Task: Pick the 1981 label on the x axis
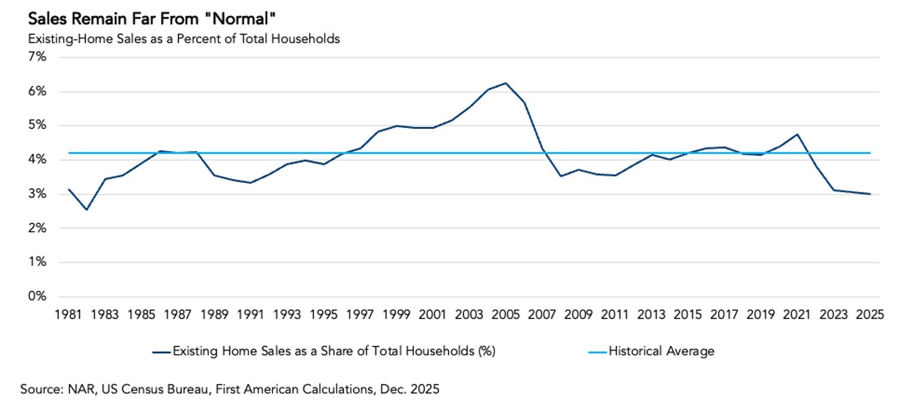tap(68, 314)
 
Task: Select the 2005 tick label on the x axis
tap(506, 314)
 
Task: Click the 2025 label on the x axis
tap(870, 314)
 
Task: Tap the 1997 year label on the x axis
tap(360, 314)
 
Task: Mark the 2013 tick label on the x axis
tap(652, 314)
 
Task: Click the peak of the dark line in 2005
tap(506, 83)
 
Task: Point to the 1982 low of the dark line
tap(87, 210)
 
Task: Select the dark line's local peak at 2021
tap(797, 134)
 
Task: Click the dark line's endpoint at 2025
tap(870, 194)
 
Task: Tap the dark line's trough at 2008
tap(561, 176)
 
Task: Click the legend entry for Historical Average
tap(661, 351)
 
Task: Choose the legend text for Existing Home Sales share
tap(334, 351)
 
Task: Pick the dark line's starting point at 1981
tap(69, 189)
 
